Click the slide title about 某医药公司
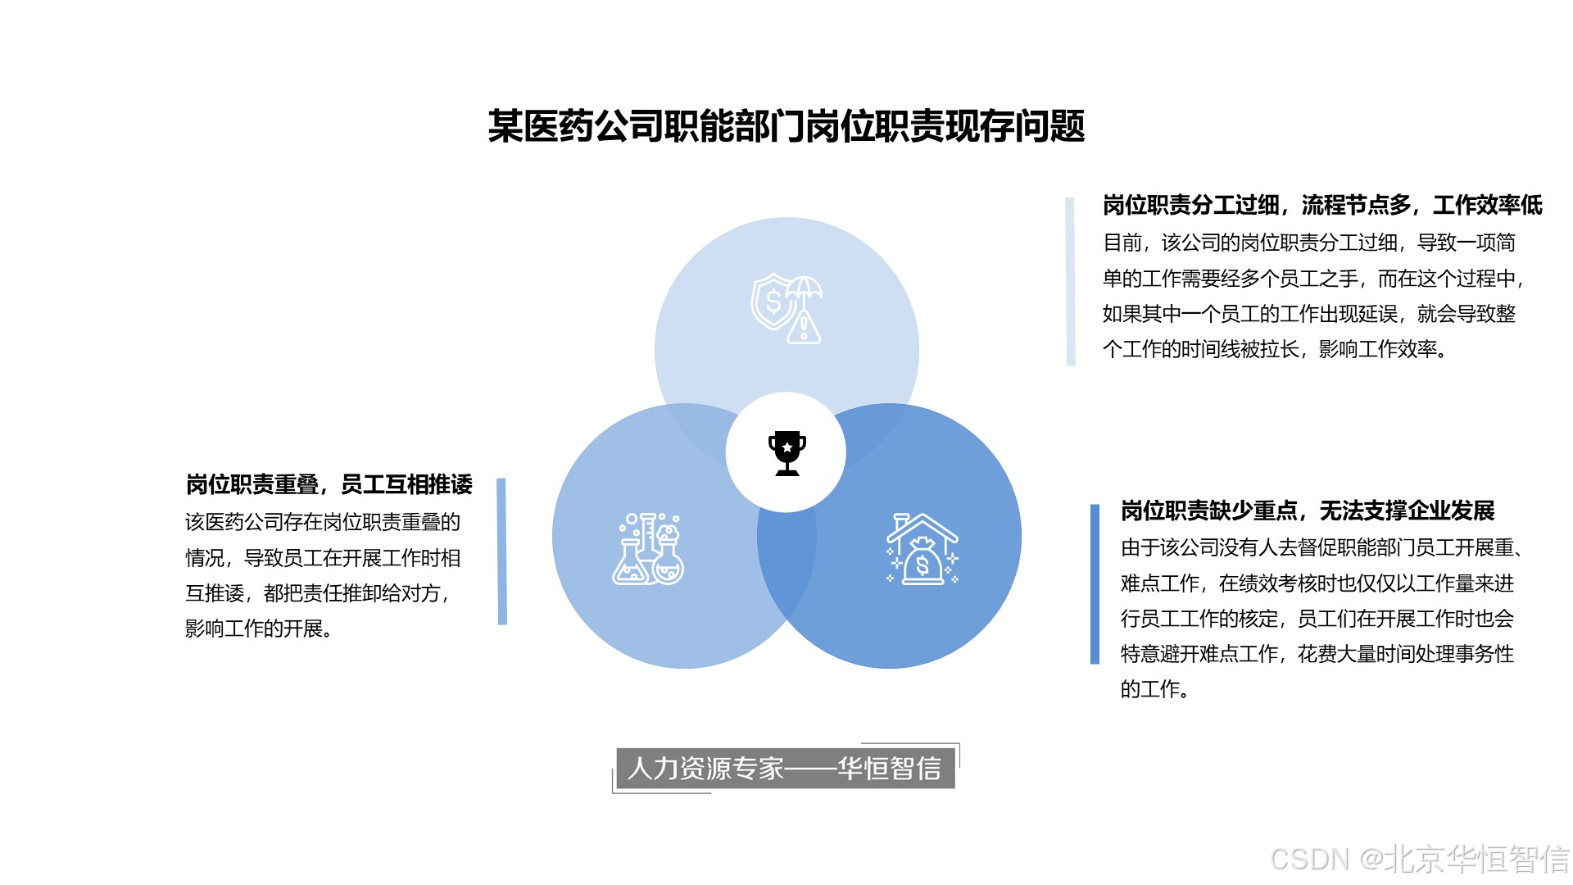pos(786,127)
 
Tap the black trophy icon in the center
pos(786,452)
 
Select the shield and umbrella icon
pos(786,308)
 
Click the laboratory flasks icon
pos(648,549)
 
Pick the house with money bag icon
pos(922,549)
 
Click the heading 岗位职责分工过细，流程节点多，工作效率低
pos(1321,205)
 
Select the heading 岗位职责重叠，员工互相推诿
pos(329,484)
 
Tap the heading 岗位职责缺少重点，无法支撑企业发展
pos(1307,511)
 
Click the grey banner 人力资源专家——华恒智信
pos(785,768)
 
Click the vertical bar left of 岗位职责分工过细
pos(1070,281)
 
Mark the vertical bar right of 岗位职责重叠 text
pos(502,551)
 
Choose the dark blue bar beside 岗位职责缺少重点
pos(1095,583)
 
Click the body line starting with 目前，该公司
pos(1308,243)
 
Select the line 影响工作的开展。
pos(258,629)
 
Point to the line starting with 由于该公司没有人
pos(1321,547)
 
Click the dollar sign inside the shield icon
pos(773,302)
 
